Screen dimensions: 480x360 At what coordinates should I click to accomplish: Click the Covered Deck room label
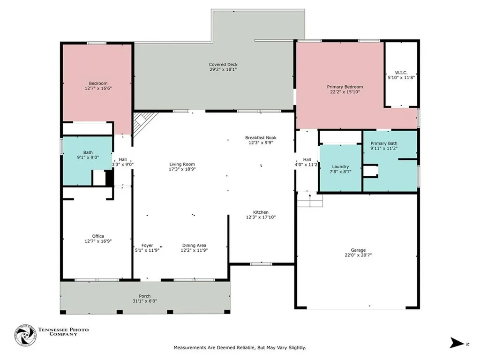click(223, 65)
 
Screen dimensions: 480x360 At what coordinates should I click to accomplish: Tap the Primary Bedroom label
click(345, 87)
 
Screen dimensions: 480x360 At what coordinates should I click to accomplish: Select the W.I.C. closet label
click(401, 73)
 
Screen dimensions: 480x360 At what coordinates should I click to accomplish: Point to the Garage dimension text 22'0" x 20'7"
click(358, 255)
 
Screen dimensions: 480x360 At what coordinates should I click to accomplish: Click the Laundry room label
click(340, 167)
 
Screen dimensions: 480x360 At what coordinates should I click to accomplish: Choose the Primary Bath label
click(384, 143)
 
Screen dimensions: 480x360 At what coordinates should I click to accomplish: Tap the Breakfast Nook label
click(261, 138)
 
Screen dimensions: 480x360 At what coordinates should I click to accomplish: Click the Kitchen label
click(261, 212)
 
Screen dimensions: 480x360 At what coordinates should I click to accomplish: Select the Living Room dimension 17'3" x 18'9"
click(182, 169)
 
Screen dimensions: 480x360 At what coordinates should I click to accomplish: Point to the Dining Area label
click(194, 245)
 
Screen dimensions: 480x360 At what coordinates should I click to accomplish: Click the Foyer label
click(147, 245)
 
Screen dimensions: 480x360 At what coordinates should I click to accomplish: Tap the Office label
click(98, 236)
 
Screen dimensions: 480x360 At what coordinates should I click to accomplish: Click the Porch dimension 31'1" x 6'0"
click(145, 301)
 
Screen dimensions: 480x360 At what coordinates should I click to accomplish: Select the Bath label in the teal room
click(88, 152)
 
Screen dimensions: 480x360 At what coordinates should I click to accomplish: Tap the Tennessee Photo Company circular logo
click(25, 335)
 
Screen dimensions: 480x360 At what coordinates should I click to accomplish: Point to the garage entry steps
click(310, 199)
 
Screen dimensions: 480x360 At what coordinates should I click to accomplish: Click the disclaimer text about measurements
click(240, 348)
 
